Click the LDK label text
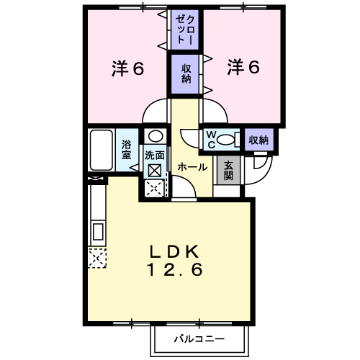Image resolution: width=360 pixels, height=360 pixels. click(175, 252)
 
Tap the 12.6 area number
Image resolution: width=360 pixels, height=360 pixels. click(175, 269)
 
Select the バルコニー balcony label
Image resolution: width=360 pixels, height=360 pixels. click(199, 339)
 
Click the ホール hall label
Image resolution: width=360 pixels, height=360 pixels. click(192, 167)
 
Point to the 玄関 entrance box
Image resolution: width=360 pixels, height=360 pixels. click(228, 170)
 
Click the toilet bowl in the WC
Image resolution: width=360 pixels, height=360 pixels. click(225, 140)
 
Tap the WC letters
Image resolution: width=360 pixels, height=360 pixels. click(211, 140)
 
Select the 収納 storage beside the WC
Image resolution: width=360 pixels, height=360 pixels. click(259, 140)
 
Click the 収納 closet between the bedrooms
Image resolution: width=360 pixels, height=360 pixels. click(185, 74)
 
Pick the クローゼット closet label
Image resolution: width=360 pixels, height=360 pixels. click(185, 30)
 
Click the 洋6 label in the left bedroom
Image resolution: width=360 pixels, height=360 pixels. click(128, 68)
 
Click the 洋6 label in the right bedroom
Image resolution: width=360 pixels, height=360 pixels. click(243, 67)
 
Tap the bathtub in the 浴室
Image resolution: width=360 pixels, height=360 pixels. click(102, 150)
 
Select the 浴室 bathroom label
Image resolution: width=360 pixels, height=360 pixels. click(126, 150)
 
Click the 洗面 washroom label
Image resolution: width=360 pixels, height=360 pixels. click(154, 156)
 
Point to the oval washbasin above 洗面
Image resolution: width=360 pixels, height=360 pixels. click(156, 136)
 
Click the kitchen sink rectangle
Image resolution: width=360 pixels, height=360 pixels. click(98, 232)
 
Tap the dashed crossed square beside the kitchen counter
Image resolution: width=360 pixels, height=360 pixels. click(97, 258)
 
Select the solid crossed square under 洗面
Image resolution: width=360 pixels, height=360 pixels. click(155, 171)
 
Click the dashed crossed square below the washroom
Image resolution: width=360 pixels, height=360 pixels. click(155, 189)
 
